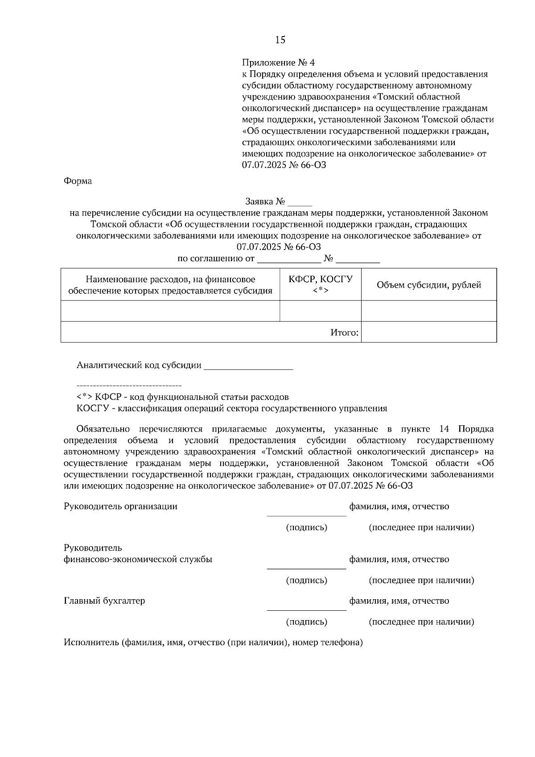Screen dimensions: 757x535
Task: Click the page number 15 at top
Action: point(280,40)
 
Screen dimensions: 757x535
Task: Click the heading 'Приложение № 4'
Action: point(281,62)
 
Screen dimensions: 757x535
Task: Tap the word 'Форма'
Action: point(78,181)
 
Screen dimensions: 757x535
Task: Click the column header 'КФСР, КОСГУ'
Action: point(320,280)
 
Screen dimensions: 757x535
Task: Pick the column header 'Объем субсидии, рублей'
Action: point(428,285)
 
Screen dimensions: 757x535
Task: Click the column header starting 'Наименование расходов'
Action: point(170,285)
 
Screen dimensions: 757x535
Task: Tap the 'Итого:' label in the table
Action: point(344,333)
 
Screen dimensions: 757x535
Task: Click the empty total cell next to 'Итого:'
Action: point(428,333)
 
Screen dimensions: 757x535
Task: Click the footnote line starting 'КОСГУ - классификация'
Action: point(231,408)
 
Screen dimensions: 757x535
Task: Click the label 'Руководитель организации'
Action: point(120,506)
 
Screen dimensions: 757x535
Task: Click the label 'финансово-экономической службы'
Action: point(138,560)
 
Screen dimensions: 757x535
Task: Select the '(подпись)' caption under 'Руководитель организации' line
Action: point(306,528)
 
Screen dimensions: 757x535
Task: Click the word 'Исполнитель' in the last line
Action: point(91,643)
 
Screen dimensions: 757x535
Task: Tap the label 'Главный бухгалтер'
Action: point(104,601)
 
